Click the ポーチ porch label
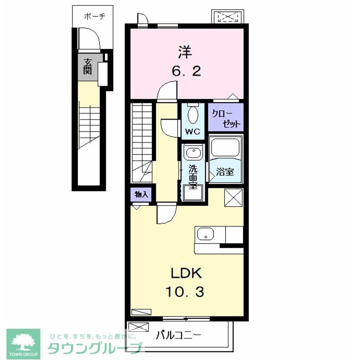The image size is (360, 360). click(95, 17)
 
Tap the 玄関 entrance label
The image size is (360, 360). click(88, 67)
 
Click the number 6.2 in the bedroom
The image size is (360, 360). click(186, 71)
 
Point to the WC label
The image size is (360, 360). click(193, 131)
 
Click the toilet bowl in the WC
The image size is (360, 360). click(193, 114)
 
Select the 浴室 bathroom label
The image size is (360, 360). click(225, 171)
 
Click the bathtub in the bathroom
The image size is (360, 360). click(225, 147)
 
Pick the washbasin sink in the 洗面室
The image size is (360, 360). click(194, 152)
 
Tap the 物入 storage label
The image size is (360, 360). click(141, 195)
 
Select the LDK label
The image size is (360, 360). click(186, 273)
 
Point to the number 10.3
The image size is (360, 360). click(185, 292)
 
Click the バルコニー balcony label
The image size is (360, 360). click(179, 336)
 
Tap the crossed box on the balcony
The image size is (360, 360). click(139, 327)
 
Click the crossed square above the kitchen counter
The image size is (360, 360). click(234, 197)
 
